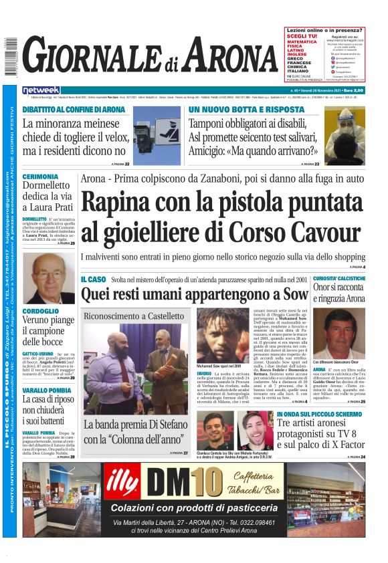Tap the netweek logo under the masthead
(41, 90)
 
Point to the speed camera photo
(157, 136)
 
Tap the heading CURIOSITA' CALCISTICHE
(339, 278)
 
